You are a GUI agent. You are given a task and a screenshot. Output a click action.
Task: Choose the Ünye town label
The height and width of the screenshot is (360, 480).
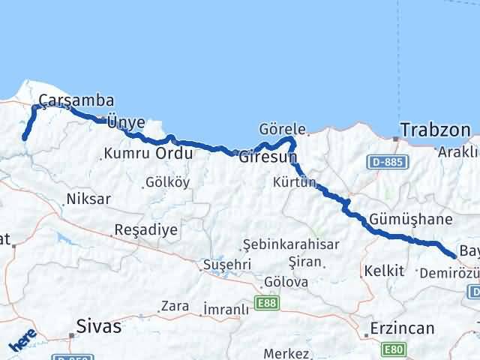[126, 122]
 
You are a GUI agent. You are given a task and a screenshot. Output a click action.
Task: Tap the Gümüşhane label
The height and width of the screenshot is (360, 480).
[410, 220]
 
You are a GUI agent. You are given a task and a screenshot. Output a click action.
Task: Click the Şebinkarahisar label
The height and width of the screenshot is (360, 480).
[291, 244]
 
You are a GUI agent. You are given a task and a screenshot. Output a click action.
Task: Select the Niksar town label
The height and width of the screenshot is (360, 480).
[88, 199]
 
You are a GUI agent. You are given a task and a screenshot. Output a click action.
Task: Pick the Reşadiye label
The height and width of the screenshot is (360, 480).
[145, 229]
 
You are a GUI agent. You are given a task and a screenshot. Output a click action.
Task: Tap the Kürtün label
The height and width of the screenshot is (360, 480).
[295, 182]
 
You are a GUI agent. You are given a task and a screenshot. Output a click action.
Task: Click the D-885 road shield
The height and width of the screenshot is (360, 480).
[385, 160]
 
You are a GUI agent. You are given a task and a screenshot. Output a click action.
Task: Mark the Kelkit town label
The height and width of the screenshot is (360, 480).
[383, 271]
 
